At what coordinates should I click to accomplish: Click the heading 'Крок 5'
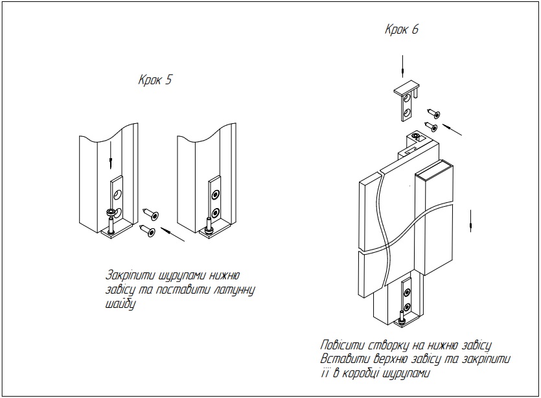pos(155,80)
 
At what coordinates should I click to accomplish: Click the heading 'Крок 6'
pos(402,30)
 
